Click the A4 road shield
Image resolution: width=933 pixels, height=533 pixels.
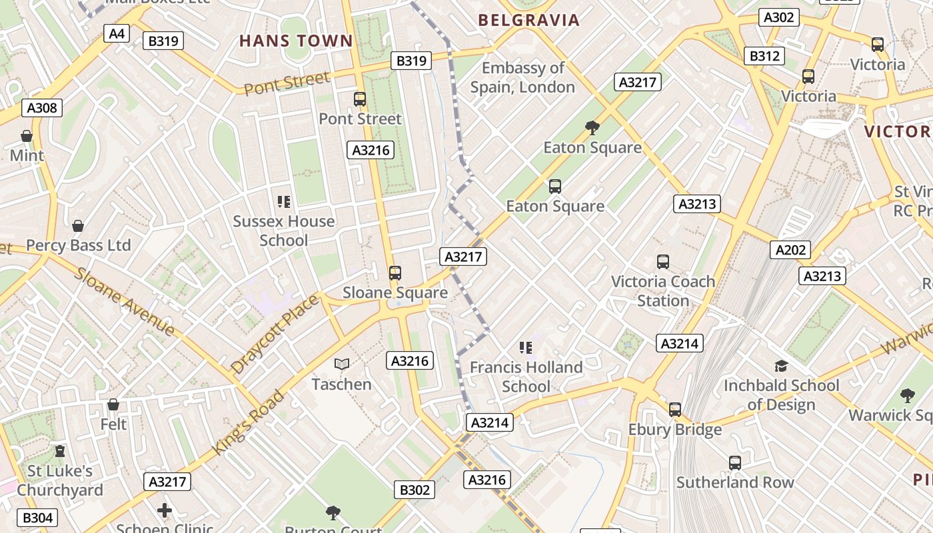tap(117, 33)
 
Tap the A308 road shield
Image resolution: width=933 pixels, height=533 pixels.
tap(43, 108)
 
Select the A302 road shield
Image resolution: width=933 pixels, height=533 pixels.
tap(778, 17)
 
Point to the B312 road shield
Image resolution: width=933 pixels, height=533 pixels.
tap(764, 56)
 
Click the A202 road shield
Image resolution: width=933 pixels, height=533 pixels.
tap(790, 250)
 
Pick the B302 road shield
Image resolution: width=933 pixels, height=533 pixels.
tap(415, 490)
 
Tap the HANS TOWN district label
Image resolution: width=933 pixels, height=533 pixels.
tap(296, 41)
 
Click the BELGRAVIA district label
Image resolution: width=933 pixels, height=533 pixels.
tap(529, 20)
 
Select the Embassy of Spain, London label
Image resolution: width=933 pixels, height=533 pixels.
tap(522, 77)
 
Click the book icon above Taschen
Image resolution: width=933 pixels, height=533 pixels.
tap(342, 364)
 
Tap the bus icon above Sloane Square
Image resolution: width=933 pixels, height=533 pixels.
tap(395, 272)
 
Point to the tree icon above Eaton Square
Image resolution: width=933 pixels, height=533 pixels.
tap(592, 127)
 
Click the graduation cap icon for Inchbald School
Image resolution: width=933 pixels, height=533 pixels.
tap(781, 366)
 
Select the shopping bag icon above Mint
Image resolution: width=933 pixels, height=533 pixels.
tap(27, 136)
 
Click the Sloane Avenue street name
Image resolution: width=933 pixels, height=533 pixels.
tap(124, 302)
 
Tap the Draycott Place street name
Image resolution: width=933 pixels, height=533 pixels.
tap(275, 334)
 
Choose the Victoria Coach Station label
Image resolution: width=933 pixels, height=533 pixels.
tap(663, 291)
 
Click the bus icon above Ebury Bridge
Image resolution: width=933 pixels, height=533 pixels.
tap(675, 409)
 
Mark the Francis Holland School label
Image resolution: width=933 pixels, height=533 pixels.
tap(526, 376)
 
